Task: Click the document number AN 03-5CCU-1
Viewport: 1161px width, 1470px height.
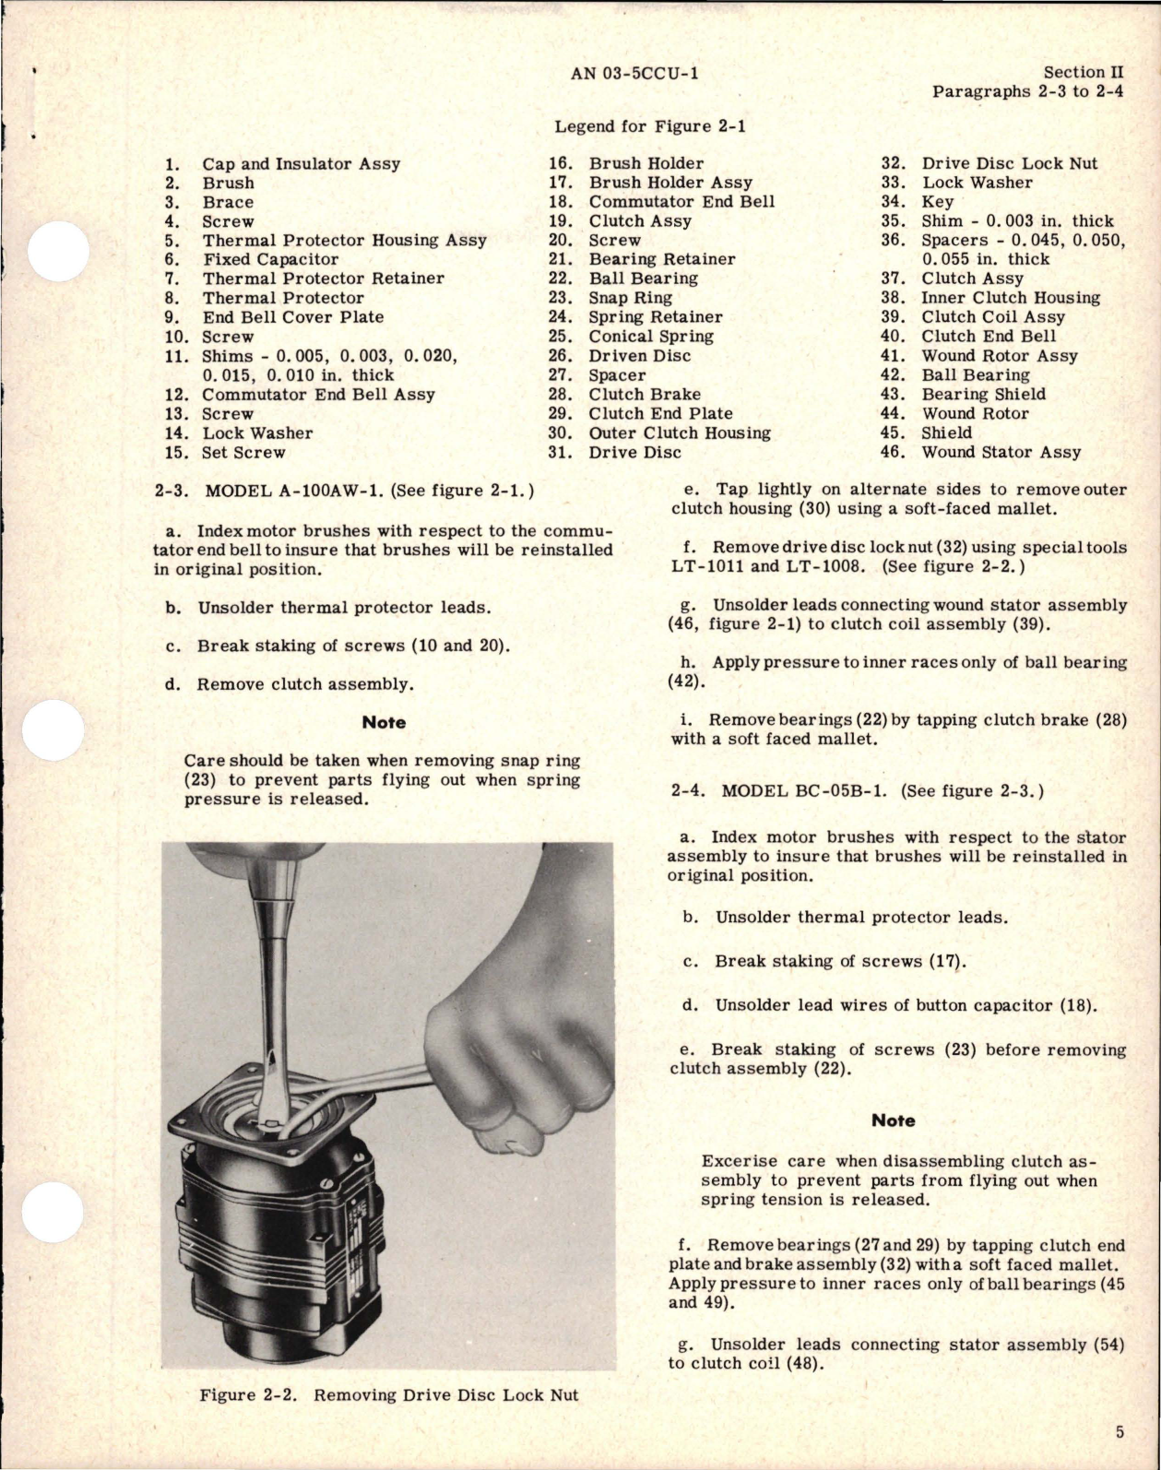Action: coord(634,73)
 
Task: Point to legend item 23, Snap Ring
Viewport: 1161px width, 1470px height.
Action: coord(630,298)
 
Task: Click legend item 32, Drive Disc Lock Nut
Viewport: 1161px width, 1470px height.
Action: coord(1009,163)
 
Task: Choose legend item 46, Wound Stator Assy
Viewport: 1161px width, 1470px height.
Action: coord(1001,452)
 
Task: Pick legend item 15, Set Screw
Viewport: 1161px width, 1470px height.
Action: coord(243,452)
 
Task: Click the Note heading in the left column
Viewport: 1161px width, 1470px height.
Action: coord(384,722)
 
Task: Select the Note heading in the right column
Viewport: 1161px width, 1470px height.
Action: coord(893,1120)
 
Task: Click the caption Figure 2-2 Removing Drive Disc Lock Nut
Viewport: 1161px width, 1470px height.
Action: coord(388,1394)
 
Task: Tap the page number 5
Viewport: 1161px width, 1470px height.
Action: coord(1119,1432)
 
